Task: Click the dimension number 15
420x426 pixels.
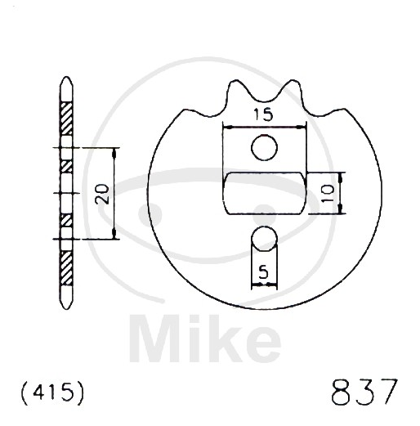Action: click(263, 114)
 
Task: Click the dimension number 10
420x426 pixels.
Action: click(328, 193)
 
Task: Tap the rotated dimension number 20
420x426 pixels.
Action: click(102, 194)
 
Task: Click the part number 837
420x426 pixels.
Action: click(364, 391)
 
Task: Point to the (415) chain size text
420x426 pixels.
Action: click(52, 392)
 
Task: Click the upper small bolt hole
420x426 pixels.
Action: click(264, 147)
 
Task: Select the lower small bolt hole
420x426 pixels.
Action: click(264, 239)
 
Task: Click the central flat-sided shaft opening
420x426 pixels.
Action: click(265, 193)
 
